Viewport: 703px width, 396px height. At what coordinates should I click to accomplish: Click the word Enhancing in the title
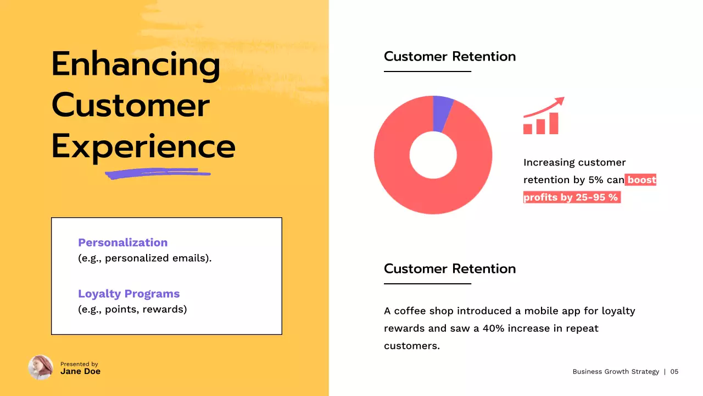click(136, 64)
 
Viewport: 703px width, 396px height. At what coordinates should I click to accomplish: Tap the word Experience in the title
click(143, 146)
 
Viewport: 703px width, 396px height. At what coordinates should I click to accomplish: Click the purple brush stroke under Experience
click(158, 174)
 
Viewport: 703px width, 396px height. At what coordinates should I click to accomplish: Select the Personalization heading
click(122, 243)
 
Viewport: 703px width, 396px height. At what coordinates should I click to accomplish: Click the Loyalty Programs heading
click(129, 294)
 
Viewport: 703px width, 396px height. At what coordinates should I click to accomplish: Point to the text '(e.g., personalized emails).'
click(144, 258)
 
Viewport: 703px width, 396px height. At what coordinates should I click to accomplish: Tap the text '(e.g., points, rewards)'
click(132, 309)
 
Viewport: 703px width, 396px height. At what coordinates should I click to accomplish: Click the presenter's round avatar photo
click(41, 367)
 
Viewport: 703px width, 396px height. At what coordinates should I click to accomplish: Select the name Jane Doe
click(80, 371)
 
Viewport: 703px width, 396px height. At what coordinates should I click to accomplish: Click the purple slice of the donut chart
click(442, 113)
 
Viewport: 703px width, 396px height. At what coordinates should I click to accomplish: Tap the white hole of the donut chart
click(433, 155)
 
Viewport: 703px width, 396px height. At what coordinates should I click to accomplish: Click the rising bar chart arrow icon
click(543, 116)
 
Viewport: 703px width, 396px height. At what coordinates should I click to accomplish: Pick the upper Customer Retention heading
click(449, 56)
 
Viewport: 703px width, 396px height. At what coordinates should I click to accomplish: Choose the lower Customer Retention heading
click(449, 268)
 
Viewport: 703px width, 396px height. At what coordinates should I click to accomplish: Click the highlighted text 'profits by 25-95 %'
click(571, 197)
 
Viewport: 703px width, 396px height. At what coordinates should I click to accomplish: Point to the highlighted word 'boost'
click(641, 180)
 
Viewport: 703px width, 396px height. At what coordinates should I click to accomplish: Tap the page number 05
click(674, 372)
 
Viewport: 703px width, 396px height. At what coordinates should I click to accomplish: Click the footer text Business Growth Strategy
click(615, 372)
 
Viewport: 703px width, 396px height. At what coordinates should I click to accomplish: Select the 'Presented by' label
click(79, 364)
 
